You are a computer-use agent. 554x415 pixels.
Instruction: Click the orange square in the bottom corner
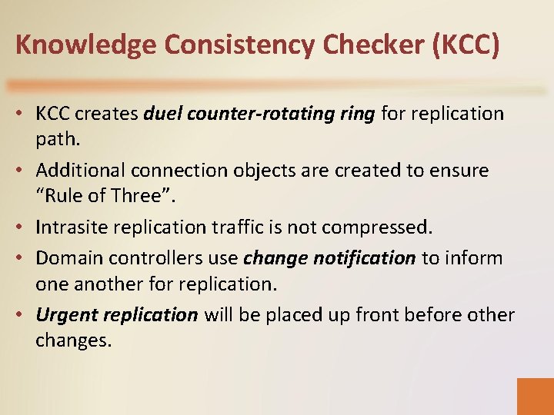pos(535,396)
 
